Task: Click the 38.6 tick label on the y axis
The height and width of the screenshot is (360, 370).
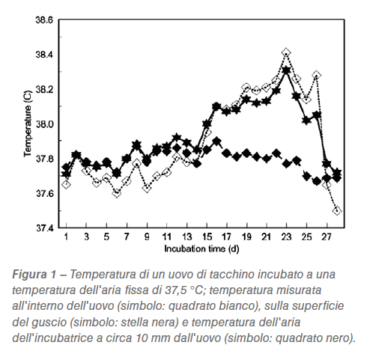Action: (x=44, y=20)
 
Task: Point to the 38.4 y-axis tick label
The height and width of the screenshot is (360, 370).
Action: (x=44, y=55)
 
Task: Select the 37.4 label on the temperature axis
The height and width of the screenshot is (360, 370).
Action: (x=44, y=228)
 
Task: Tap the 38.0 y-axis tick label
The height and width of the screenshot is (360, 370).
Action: (x=44, y=124)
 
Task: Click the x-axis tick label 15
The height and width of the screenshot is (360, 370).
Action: (x=207, y=237)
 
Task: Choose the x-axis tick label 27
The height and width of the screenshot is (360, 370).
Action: (x=327, y=237)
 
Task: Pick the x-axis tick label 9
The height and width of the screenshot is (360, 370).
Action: (x=147, y=237)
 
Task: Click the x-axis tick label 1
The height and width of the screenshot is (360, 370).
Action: (x=66, y=237)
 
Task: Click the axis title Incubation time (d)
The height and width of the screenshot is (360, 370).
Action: (x=201, y=249)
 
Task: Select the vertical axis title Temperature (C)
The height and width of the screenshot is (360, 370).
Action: (x=28, y=123)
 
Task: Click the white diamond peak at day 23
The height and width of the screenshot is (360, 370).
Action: (x=286, y=53)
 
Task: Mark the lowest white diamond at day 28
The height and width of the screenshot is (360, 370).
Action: (x=337, y=210)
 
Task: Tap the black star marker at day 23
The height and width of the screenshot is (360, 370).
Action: (x=286, y=70)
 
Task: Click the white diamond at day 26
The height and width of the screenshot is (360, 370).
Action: (x=316, y=75)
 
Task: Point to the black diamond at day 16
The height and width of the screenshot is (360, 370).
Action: (x=216, y=141)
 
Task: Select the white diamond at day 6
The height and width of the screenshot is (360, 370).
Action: (x=117, y=193)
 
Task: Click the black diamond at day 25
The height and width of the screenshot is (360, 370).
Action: (x=306, y=176)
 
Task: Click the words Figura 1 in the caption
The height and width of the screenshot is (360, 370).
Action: (x=34, y=275)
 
